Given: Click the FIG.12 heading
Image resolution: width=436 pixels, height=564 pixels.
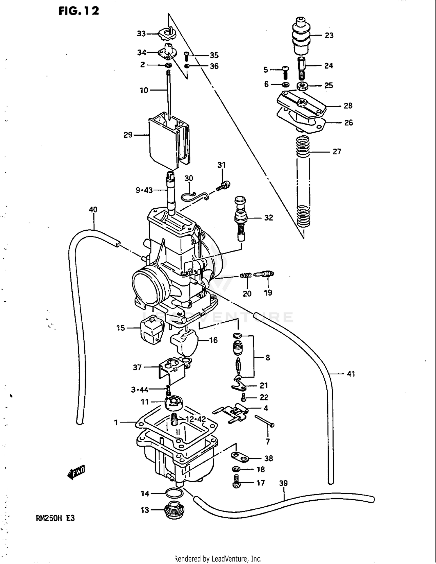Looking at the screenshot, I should (x=79, y=11).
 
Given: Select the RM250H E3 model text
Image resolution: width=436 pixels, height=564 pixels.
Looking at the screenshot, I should (x=55, y=518).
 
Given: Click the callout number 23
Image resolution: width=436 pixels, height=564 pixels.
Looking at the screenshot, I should (x=329, y=35).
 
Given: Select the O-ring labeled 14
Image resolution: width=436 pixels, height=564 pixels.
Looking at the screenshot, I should (x=174, y=493).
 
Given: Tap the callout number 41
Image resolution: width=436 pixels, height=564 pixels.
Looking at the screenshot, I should (x=351, y=374).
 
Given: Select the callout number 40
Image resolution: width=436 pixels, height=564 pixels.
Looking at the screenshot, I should (x=93, y=210).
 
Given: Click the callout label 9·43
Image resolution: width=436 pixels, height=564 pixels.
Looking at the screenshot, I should (x=144, y=190).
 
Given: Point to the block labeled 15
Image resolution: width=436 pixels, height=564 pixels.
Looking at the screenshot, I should (x=151, y=330).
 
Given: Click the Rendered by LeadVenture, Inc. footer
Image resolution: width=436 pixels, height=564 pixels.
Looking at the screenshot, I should (x=218, y=558).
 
